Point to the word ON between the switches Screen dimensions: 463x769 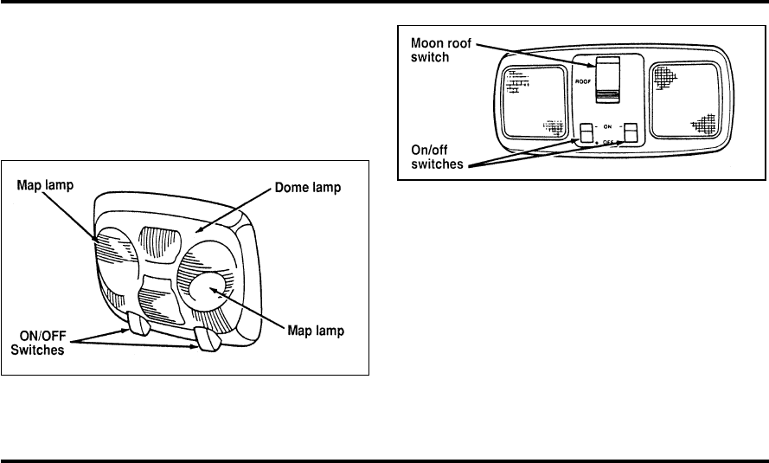click(x=608, y=126)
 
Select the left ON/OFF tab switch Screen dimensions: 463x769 click(x=139, y=322)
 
